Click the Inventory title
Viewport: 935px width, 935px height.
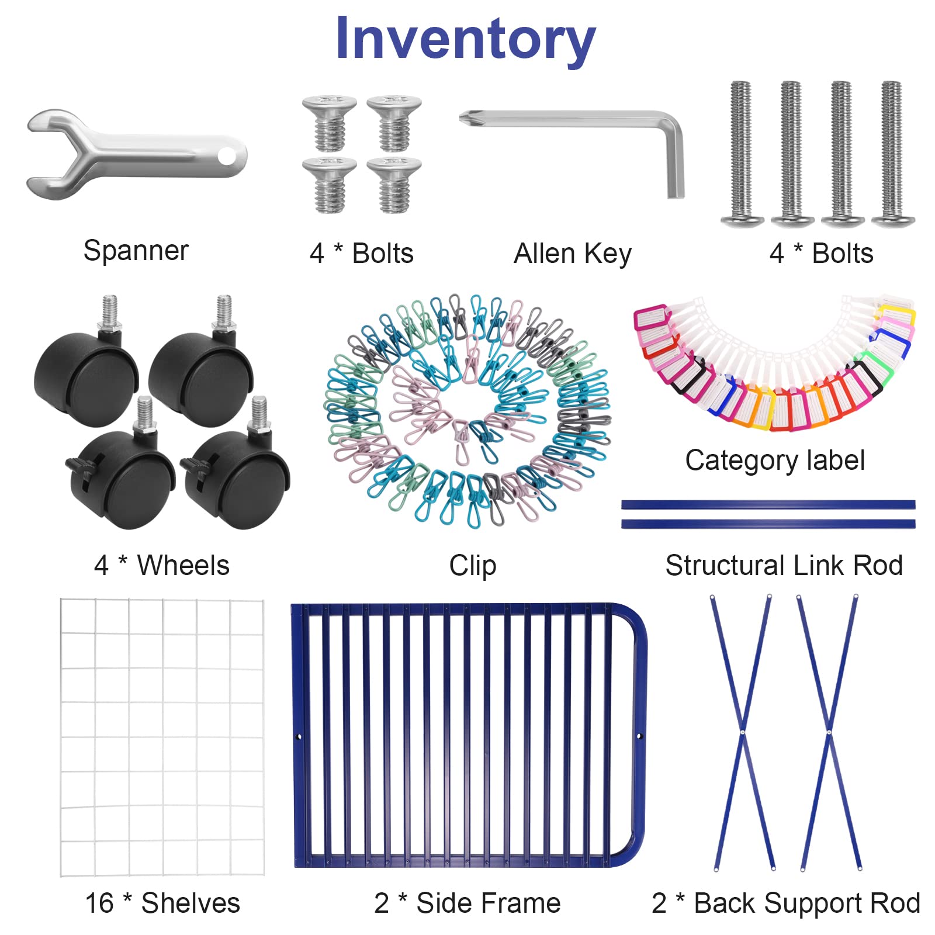(465, 39)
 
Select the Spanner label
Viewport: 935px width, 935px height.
(136, 251)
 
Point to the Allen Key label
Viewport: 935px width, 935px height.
(573, 254)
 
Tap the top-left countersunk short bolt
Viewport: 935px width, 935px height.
(330, 123)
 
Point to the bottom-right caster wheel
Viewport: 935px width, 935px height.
(237, 476)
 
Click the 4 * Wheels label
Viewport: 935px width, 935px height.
(162, 565)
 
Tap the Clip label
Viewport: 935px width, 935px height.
(473, 565)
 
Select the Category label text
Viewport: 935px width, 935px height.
(775, 460)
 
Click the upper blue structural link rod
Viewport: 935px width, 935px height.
(768, 504)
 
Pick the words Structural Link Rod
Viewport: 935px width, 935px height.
(784, 565)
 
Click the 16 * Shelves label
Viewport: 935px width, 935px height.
(162, 903)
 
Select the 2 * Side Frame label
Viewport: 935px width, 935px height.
(467, 903)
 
